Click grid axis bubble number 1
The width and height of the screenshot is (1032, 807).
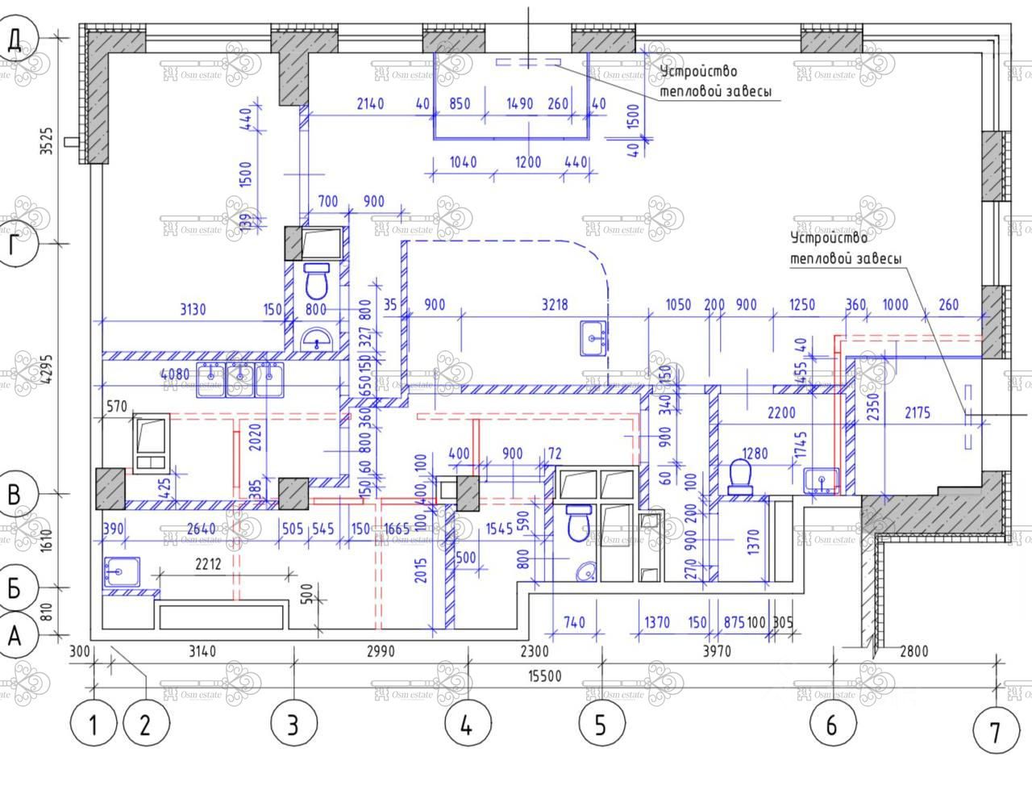94,724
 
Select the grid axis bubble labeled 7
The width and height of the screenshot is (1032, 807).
994,732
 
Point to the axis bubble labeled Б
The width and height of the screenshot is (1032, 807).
14,588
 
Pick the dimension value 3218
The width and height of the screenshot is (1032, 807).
555,304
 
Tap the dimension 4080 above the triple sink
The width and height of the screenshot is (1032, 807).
175,374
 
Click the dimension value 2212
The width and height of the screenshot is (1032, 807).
208,564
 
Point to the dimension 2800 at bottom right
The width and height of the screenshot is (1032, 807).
913,650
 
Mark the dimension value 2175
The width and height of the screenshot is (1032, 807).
917,412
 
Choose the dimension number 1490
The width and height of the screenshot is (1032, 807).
520,103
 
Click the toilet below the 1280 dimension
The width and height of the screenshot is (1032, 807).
740,476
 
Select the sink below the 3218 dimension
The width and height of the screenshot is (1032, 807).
594,337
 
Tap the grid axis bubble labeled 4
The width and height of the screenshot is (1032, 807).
466,724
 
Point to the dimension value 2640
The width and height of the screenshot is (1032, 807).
202,529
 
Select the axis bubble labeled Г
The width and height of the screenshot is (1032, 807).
14,244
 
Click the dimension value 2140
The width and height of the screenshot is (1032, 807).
370,103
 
